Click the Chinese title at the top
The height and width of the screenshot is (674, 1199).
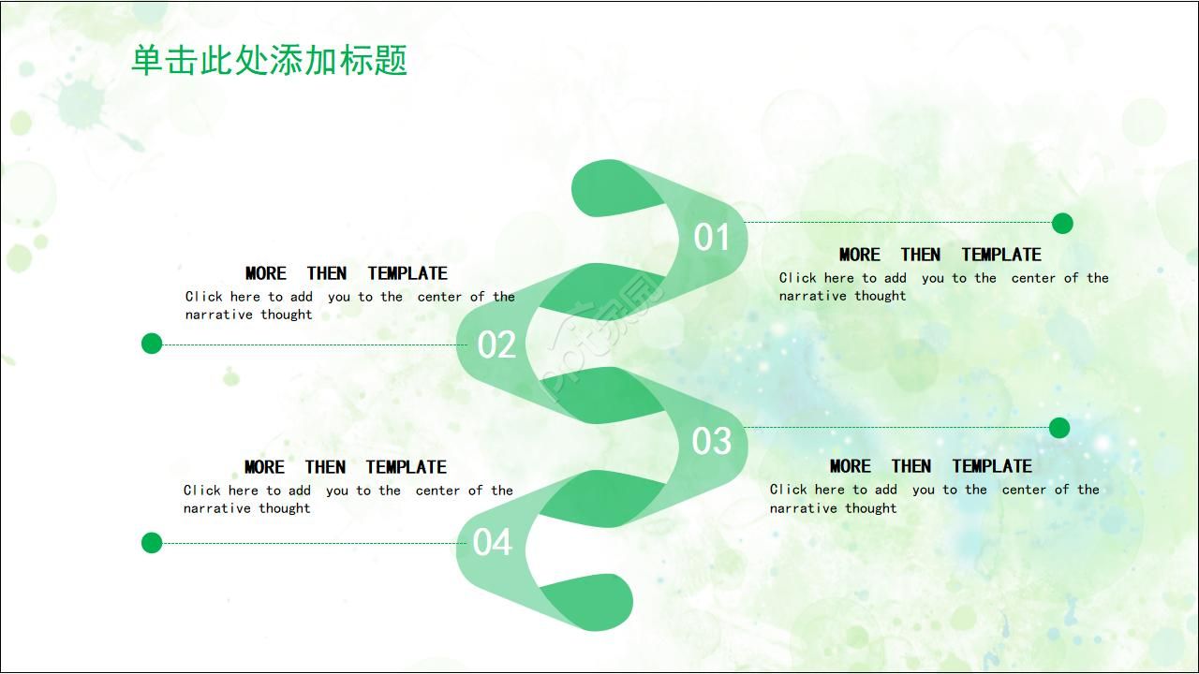tap(269, 61)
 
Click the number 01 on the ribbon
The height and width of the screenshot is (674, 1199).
tap(712, 238)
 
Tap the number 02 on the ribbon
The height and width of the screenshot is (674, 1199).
tap(496, 345)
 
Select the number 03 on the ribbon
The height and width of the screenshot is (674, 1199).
tap(712, 441)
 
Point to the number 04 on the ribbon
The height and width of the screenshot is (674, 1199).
tap(493, 542)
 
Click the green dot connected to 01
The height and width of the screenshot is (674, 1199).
tap(1062, 223)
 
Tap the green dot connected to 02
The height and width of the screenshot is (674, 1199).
tap(152, 344)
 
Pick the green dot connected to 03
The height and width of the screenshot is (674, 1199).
tap(1059, 428)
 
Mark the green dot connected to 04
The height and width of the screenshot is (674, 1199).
tap(152, 543)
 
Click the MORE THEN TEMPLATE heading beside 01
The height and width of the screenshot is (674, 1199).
tap(940, 255)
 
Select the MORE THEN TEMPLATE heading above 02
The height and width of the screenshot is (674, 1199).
tap(346, 273)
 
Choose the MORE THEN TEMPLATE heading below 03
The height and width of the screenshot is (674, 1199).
tap(930, 466)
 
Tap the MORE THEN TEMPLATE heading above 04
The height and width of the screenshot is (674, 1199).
tap(345, 467)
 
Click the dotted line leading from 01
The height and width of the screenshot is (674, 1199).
tap(899, 223)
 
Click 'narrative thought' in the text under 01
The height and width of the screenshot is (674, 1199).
tap(842, 296)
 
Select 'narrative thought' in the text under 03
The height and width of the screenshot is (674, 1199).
tap(833, 508)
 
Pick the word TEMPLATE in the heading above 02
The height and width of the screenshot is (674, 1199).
tap(407, 273)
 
